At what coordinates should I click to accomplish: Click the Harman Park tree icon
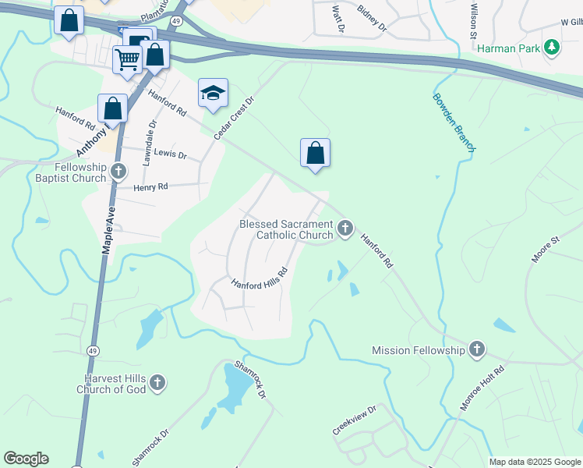[x=553, y=48]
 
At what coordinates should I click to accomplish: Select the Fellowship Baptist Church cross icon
[x=118, y=172]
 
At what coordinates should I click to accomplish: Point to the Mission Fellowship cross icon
[x=477, y=350]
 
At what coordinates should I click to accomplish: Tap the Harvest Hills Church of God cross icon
[x=157, y=383]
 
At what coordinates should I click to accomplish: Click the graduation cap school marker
[x=213, y=94]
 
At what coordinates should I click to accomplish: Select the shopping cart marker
[x=127, y=58]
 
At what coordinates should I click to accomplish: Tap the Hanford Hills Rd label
[x=259, y=278]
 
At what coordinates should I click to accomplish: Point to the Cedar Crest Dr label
[x=235, y=119]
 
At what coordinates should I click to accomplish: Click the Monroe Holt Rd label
[x=482, y=388]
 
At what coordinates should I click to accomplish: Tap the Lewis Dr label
[x=171, y=154]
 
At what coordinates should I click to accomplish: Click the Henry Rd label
[x=151, y=187]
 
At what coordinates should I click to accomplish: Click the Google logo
[x=26, y=459]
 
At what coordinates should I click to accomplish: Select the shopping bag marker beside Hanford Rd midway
[x=315, y=153]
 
